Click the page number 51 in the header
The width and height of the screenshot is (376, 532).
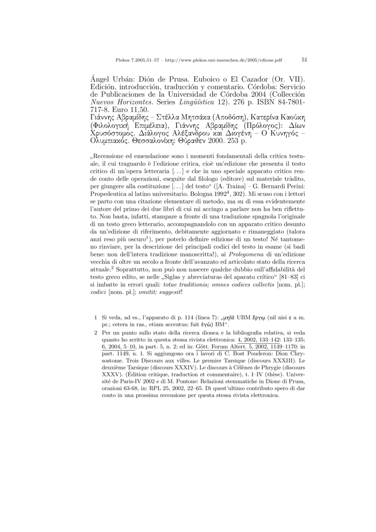pyautogui.click(x=304, y=60)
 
